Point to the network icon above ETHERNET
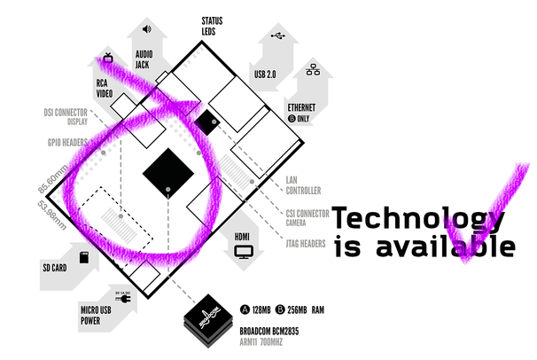(x=311, y=68)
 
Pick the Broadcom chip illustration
(x=211, y=317)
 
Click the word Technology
(x=417, y=219)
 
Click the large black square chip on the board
(x=171, y=168)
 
